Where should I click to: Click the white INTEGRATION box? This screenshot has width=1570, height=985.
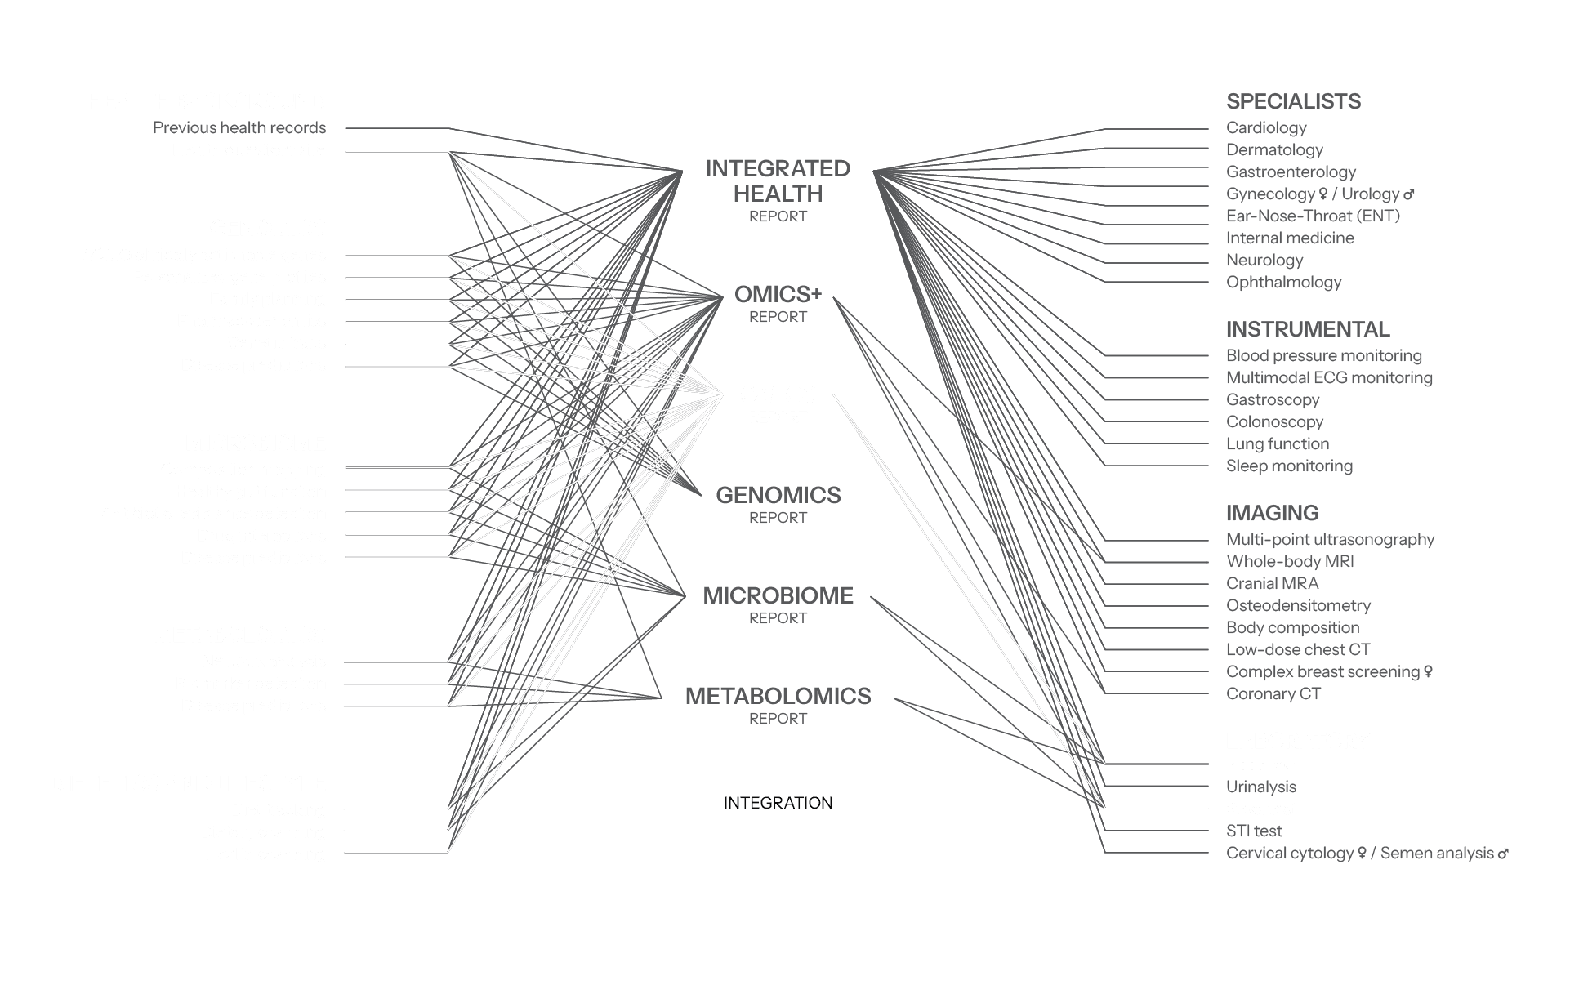click(775, 803)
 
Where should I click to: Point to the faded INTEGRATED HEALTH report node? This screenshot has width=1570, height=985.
click(777, 190)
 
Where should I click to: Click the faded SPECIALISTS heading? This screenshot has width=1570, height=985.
click(1293, 101)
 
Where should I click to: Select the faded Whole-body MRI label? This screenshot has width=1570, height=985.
click(1290, 561)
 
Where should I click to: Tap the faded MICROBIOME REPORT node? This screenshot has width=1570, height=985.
click(778, 604)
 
